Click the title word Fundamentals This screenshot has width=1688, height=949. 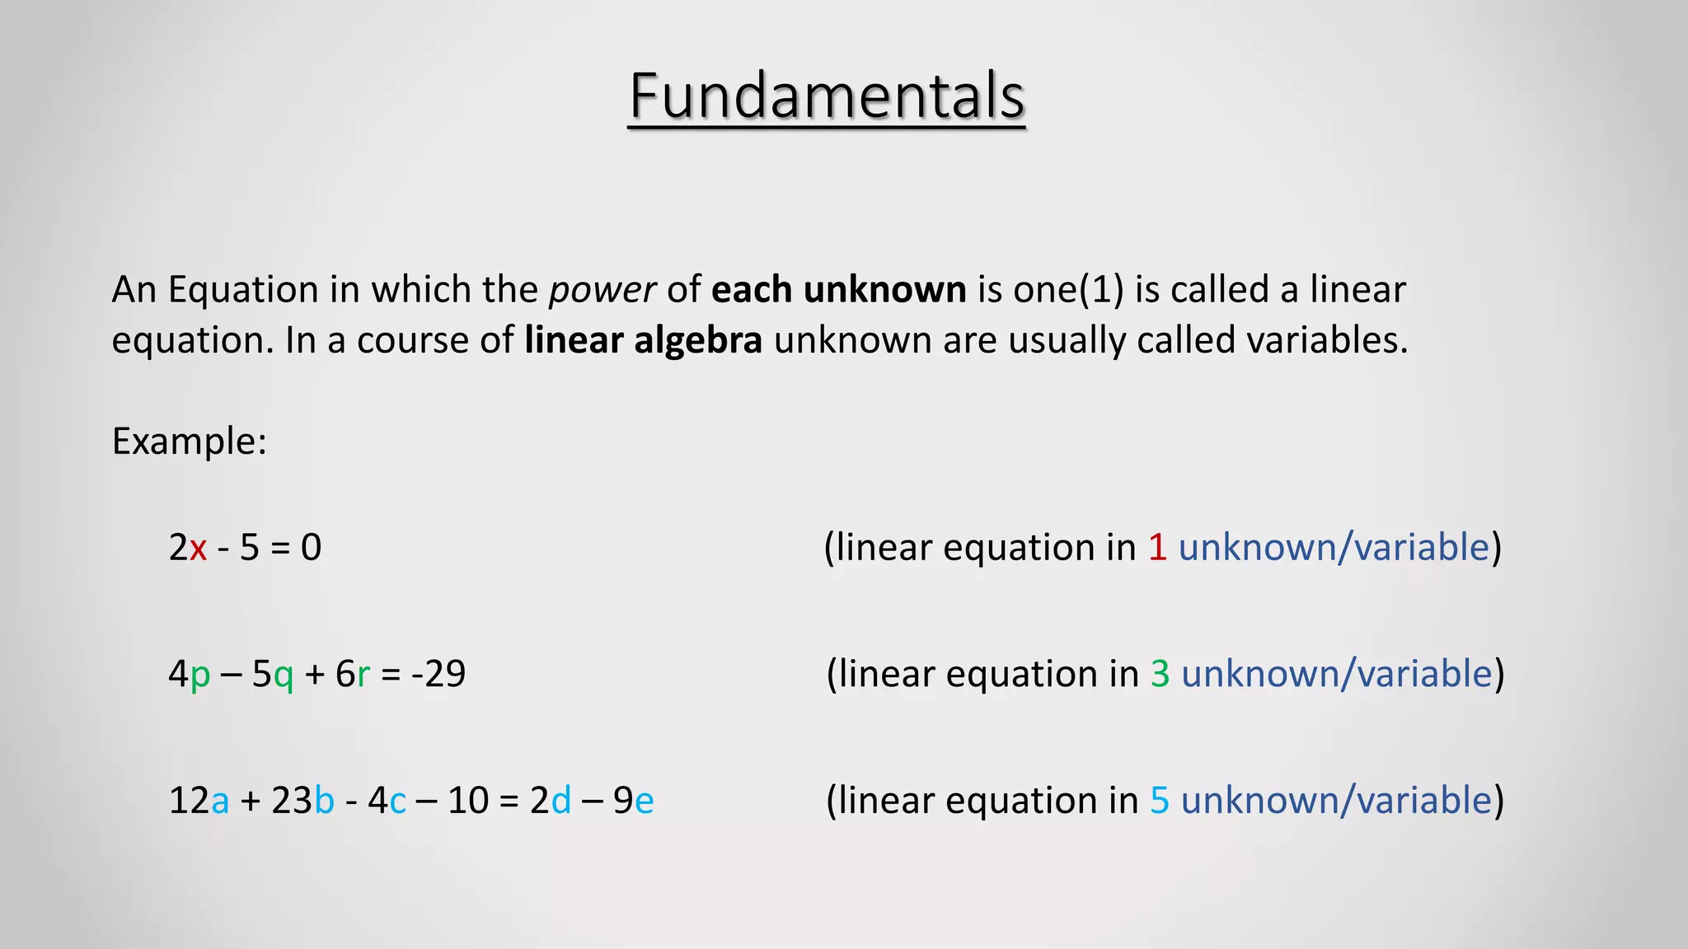pos(827,96)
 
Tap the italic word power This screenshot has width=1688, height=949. pos(602,290)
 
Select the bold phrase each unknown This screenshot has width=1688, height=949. pos(838,290)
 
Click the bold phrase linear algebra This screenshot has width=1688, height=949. pos(643,340)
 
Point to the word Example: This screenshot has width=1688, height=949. pos(190,442)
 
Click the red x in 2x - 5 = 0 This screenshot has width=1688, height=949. pos(198,549)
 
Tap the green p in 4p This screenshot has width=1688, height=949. pos(200,676)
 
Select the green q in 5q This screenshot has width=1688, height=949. pos(284,676)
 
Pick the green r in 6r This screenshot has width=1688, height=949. pos(363,676)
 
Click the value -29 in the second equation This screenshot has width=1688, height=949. pos(438,674)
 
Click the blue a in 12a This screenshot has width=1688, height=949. pos(220,802)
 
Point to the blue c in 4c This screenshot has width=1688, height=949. pos(398,802)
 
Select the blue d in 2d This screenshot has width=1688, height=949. pos(560,801)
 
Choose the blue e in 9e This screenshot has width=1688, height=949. pos(645,802)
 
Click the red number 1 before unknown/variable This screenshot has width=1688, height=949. pos(1157,548)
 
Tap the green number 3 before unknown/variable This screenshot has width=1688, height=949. pos(1160,674)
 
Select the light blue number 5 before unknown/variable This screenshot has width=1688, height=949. pos(1160,801)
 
